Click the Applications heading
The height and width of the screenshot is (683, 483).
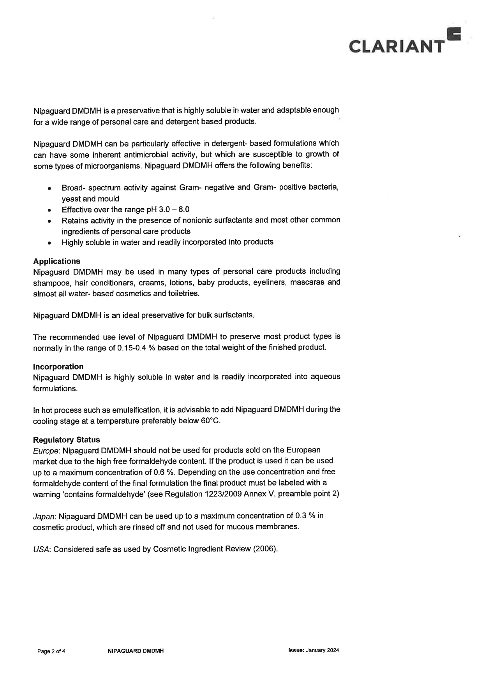pyautogui.click(x=57, y=261)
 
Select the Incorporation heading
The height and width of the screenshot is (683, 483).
pyautogui.click(x=58, y=366)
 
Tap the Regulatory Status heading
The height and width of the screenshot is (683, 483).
pyautogui.click(x=66, y=440)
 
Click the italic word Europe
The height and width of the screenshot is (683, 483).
pyautogui.click(x=46, y=451)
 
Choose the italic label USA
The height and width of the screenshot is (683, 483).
pyautogui.click(x=41, y=549)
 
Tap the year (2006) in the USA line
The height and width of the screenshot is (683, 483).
pyautogui.click(x=265, y=549)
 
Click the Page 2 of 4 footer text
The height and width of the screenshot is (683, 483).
pyautogui.click(x=51, y=651)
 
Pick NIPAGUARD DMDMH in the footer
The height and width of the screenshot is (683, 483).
pyautogui.click(x=135, y=651)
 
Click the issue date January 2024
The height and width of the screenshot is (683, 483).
pyautogui.click(x=323, y=650)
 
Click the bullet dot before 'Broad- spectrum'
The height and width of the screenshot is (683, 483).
pyautogui.click(x=50, y=188)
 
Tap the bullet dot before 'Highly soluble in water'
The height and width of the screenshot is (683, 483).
pyautogui.click(x=50, y=243)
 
